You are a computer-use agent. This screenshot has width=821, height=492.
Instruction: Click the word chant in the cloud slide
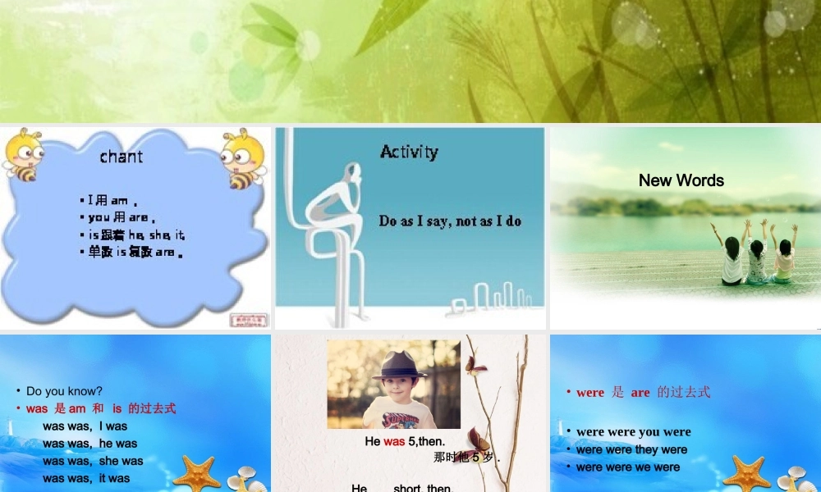(122, 157)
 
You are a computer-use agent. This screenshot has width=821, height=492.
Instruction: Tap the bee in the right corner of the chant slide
(244, 158)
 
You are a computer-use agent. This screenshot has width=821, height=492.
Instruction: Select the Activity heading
(409, 152)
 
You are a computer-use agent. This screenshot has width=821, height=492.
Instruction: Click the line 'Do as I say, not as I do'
(450, 221)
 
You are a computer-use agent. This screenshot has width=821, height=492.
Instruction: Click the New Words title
(681, 180)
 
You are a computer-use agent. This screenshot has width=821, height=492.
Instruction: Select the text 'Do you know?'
(64, 391)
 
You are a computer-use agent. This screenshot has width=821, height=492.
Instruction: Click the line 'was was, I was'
(85, 426)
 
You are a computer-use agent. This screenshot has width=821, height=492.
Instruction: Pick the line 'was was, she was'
(93, 461)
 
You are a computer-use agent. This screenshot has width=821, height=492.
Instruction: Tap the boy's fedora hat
(400, 366)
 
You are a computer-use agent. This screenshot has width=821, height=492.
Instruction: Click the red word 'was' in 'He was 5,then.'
(394, 442)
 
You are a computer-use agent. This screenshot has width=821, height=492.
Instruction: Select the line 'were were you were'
(633, 432)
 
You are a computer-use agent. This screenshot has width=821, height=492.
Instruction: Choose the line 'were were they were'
(631, 449)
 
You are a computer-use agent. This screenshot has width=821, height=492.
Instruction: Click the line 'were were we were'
(628, 467)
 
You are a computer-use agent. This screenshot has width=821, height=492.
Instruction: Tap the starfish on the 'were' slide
(746, 475)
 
